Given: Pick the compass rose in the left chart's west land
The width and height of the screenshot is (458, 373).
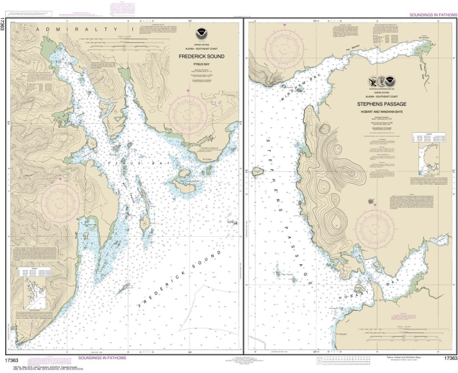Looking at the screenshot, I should click(x=60, y=196).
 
